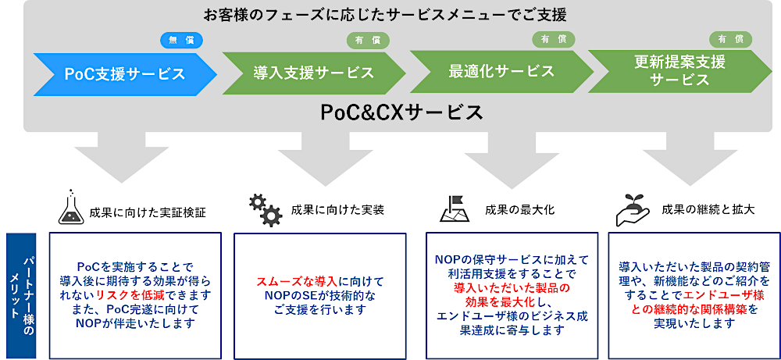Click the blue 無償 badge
pos(181,41)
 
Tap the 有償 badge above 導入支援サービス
pos(368,41)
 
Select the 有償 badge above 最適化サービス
pos(554,39)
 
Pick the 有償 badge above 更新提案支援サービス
pos(731,39)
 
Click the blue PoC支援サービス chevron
pos(125,74)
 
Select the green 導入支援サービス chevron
pos(314,73)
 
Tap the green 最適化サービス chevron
pos(501,72)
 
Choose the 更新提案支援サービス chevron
pos(680,71)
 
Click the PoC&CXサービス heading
pos(401,112)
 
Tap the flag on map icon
pos(455,209)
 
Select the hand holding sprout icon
pos(633,209)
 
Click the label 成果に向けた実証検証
pos(148,213)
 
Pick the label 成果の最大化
pos(519,210)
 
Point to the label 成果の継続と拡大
pos(708,209)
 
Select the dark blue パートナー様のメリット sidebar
pos(21,296)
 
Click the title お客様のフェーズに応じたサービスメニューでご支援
pos(385,15)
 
